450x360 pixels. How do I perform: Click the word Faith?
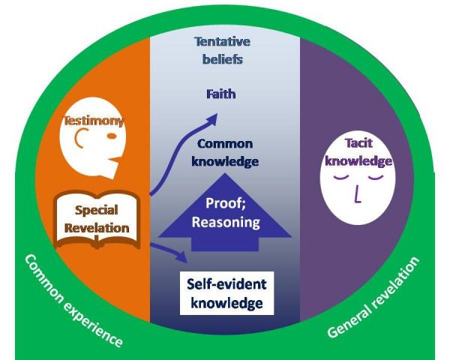pyautogui.click(x=221, y=94)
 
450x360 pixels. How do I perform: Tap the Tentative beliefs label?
pyautogui.click(x=223, y=50)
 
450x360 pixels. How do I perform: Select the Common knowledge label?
pyautogui.click(x=225, y=153)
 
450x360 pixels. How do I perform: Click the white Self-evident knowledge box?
pyautogui.click(x=226, y=293)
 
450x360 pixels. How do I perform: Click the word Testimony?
pyautogui.click(x=94, y=121)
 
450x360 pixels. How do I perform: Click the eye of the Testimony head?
pyautogui.click(x=112, y=136)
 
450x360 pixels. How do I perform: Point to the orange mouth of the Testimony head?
pyautogui.click(x=116, y=160)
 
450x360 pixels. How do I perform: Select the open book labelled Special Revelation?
pyautogui.click(x=97, y=220)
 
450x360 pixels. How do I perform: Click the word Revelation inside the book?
pyautogui.click(x=97, y=228)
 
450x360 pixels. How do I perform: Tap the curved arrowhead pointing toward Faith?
pyautogui.click(x=211, y=118)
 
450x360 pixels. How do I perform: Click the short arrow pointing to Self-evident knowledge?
pyautogui.click(x=169, y=252)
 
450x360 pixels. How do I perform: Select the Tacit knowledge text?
pyautogui.click(x=358, y=151)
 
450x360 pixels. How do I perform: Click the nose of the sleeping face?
pyautogui.click(x=357, y=194)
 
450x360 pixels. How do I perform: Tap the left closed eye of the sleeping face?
pyautogui.click(x=341, y=177)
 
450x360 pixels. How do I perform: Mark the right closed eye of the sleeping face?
pyautogui.click(x=376, y=177)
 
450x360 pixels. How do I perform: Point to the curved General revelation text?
pyautogui.click(x=373, y=298)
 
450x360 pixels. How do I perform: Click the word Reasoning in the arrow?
pyautogui.click(x=226, y=223)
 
